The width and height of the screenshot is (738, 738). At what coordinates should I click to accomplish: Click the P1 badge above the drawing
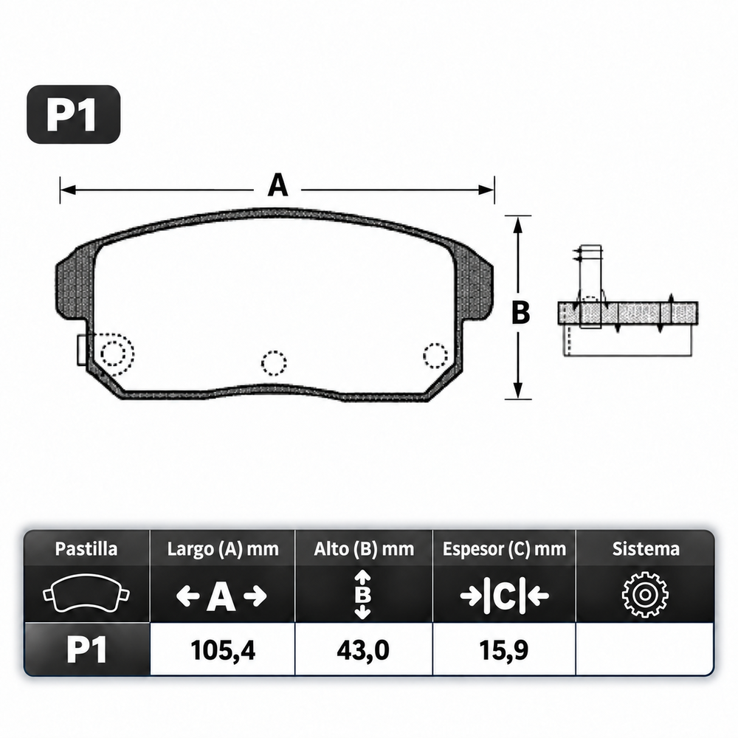tap(73, 114)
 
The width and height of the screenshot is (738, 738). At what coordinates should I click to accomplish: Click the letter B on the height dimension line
tap(520, 312)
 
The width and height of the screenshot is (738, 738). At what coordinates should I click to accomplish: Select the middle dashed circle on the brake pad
tap(274, 363)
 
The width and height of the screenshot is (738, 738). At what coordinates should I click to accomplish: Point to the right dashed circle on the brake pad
tap(435, 356)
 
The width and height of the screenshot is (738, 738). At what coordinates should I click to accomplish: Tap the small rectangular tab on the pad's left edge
tap(81, 350)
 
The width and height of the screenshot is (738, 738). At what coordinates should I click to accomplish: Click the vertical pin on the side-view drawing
tap(590, 286)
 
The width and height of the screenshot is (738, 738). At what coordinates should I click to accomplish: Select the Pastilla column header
tap(86, 549)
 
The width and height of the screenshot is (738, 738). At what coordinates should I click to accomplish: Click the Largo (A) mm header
tap(223, 549)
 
